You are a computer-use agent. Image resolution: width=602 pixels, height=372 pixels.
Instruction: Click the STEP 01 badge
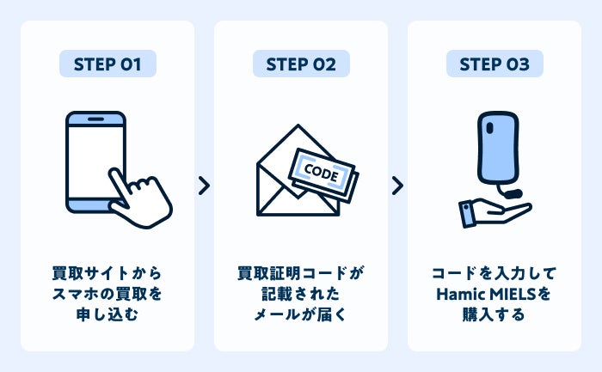(x=107, y=64)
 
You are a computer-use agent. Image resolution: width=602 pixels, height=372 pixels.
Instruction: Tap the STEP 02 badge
(x=301, y=64)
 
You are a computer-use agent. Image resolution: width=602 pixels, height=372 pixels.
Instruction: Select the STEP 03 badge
(x=494, y=64)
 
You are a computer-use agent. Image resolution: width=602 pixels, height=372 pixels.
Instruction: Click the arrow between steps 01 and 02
(x=204, y=186)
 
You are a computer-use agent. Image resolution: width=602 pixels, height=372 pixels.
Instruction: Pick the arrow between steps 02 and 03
(x=397, y=186)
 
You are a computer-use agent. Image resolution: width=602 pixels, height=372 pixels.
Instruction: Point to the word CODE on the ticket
(x=322, y=172)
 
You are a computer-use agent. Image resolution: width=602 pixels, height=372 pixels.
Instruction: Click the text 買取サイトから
(x=107, y=274)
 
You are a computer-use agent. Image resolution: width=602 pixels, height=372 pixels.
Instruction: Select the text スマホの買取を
(x=107, y=295)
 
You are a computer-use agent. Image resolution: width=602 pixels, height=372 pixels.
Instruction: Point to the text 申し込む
(x=107, y=315)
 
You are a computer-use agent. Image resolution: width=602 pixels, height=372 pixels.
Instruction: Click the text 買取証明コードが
(x=301, y=274)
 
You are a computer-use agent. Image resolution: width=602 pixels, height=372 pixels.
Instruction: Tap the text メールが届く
(x=301, y=315)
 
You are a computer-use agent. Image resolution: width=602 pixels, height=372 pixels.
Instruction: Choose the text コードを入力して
(x=494, y=274)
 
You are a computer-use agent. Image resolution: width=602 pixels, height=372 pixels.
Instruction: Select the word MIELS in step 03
(x=513, y=295)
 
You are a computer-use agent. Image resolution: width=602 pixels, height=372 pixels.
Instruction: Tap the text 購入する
(x=494, y=315)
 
